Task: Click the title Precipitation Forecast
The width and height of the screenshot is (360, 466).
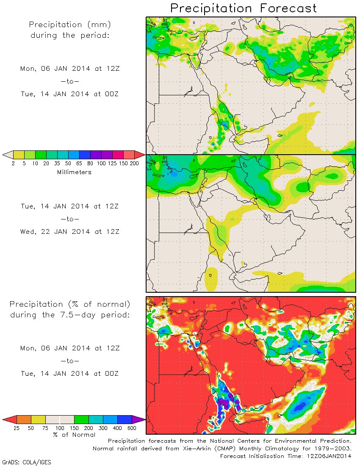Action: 244,8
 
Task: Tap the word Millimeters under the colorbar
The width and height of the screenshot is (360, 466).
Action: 74,172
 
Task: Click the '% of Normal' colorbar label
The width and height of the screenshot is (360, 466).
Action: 74,434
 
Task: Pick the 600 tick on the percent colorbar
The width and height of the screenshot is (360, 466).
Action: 132,428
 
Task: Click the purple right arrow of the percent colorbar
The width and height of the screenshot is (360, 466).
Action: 138,419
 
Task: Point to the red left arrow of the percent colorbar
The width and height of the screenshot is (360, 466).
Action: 9,419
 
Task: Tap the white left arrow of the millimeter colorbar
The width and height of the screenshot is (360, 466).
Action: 7,155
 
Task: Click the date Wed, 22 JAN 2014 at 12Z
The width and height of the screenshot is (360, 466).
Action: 70,232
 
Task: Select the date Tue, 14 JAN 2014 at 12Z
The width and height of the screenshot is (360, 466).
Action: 70,206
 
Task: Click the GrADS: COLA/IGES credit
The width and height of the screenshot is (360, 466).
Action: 27,462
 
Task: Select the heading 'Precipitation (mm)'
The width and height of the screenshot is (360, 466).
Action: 70,25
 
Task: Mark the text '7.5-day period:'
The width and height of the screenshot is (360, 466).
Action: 100,315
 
